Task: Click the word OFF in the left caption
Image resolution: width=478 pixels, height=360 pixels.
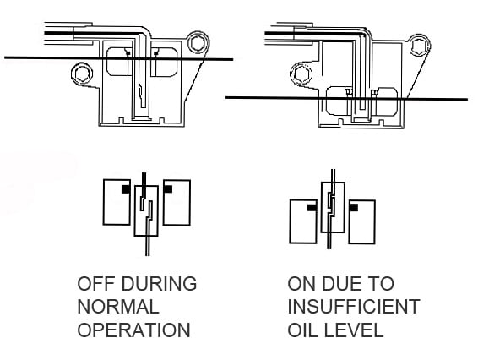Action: [95, 283]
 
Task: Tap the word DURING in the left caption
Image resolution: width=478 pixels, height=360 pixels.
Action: [159, 283]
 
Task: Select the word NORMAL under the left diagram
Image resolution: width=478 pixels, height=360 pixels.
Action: [118, 307]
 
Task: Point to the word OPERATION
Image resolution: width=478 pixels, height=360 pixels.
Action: [133, 330]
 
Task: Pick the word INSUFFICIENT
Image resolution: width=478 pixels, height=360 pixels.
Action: [354, 307]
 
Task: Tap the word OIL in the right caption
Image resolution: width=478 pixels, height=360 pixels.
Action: [302, 330]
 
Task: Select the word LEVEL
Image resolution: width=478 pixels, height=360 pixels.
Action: [353, 330]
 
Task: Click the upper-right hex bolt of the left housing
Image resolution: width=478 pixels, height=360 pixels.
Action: [198, 43]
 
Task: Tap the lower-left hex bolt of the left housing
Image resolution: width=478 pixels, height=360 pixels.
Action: [82, 74]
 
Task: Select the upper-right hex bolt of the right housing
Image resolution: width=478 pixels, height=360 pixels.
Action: [419, 46]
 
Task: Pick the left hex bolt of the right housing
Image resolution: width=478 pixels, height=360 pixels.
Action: [301, 74]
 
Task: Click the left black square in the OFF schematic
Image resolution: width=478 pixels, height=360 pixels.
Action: [126, 189]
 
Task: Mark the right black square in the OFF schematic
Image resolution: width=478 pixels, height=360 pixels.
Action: [168, 189]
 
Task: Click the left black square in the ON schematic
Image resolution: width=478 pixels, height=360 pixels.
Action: [312, 208]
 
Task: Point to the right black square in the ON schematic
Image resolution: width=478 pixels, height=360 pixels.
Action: [354, 208]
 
